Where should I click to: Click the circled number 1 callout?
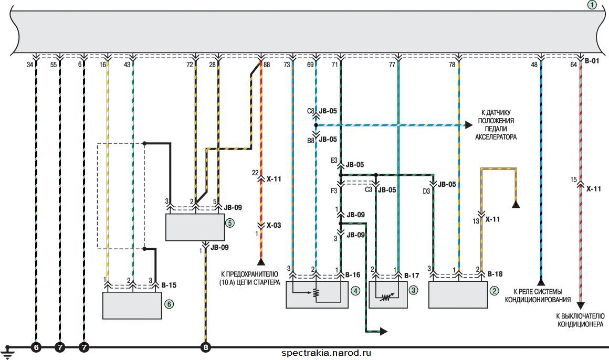click(592, 5)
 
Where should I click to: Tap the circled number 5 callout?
click(229, 223)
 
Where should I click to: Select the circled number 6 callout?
click(169, 304)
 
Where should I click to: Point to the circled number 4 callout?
click(355, 291)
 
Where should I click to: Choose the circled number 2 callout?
click(494, 291)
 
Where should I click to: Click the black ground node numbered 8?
click(206, 347)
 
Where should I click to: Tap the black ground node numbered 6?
click(36, 347)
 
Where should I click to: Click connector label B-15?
click(169, 285)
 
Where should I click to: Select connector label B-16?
click(353, 274)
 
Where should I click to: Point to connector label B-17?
click(412, 276)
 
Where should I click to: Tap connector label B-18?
click(495, 274)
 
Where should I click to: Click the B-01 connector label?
click(592, 60)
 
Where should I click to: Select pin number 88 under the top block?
click(267, 65)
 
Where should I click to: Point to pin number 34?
click(30, 65)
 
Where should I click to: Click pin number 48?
click(534, 65)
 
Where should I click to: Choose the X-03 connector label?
click(274, 225)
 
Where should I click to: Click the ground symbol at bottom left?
click(8, 352)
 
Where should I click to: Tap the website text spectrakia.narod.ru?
click(326, 353)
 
